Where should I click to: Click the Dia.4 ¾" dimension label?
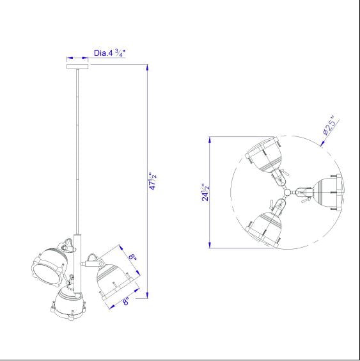click(x=109, y=53)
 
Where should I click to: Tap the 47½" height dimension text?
click(x=153, y=181)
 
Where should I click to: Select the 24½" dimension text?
click(x=206, y=192)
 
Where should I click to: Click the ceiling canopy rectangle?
click(x=77, y=67)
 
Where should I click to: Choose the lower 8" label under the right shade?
click(x=125, y=301)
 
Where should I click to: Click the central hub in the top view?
click(x=287, y=192)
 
